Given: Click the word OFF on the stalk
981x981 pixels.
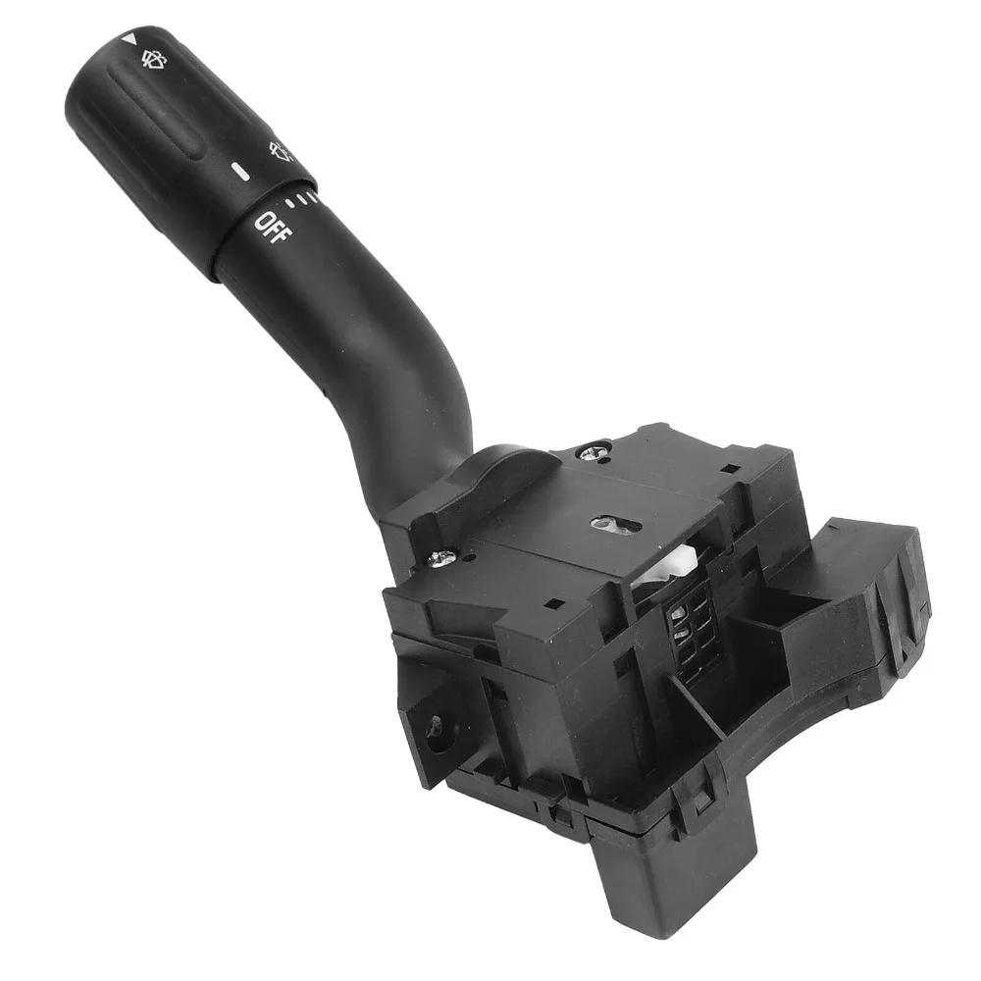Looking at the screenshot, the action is [274, 228].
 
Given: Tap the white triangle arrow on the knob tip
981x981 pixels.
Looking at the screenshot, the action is [129, 39].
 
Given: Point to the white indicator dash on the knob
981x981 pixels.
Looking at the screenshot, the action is [240, 172].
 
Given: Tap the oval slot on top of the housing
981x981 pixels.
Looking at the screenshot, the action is [616, 524].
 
